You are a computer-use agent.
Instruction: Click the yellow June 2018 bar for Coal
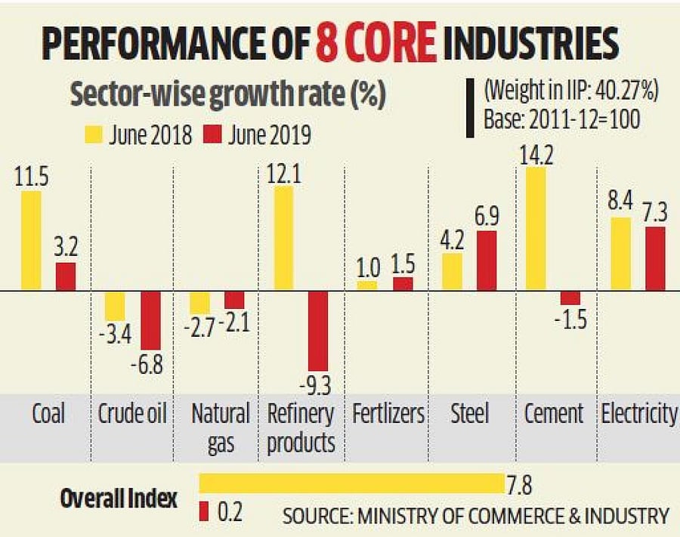[31, 240]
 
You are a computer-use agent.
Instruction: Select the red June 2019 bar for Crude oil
[151, 330]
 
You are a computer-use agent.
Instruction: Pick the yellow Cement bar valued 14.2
[536, 229]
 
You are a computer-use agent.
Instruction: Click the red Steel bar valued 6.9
[487, 261]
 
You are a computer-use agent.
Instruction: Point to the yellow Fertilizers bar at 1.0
[366, 285]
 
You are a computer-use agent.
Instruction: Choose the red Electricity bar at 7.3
[656, 258]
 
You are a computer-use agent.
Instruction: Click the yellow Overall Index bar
[351, 483]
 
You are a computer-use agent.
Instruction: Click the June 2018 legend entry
[141, 135]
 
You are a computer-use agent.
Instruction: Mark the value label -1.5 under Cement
[570, 319]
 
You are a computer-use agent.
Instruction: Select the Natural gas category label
[220, 427]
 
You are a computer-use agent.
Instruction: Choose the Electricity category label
[638, 413]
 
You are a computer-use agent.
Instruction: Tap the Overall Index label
[119, 499]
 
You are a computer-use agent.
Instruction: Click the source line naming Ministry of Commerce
[475, 517]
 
